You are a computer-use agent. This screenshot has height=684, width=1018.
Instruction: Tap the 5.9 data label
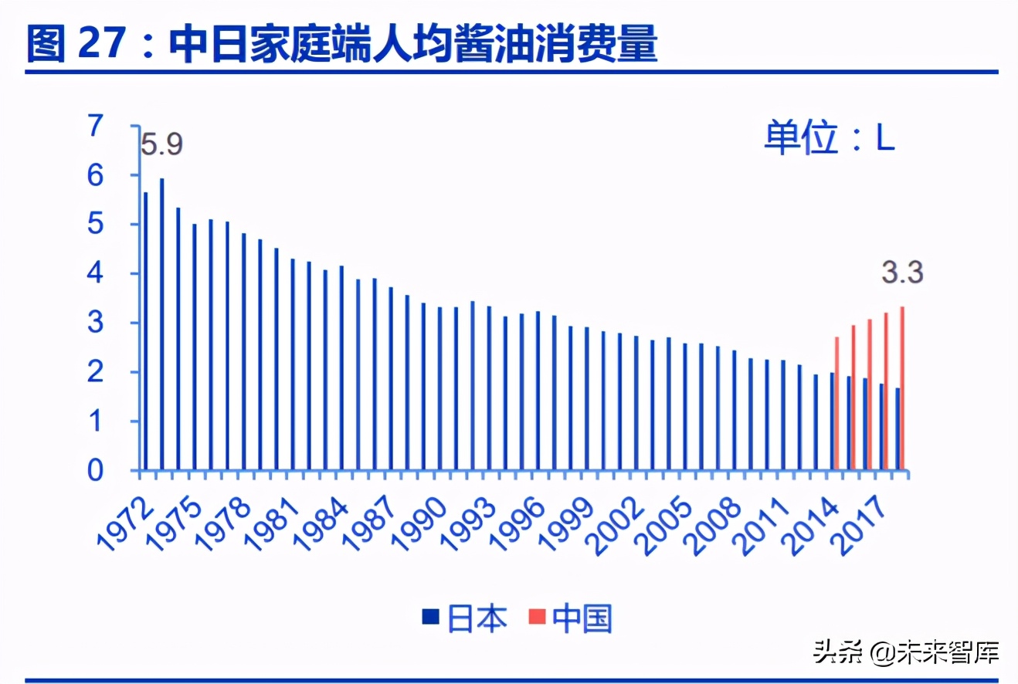161,144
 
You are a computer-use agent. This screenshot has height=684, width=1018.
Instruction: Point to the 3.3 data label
903,273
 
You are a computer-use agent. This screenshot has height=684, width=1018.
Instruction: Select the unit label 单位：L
830,139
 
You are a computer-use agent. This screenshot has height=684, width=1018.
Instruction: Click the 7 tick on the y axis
95,126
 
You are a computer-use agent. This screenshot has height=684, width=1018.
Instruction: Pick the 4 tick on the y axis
95,274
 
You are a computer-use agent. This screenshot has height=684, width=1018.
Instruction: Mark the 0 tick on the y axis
95,471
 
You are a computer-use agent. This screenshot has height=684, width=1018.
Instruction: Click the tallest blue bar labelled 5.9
161,324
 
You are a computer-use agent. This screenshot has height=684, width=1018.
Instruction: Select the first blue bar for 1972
145,331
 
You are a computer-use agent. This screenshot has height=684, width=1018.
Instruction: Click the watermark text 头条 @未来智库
905,652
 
